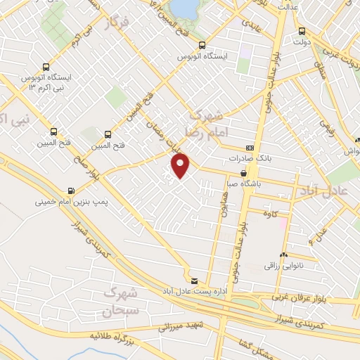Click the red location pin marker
(x=181, y=165)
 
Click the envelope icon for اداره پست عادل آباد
(x=195, y=281)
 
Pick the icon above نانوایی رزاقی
(x=283, y=255)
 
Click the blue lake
(x=186, y=7)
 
